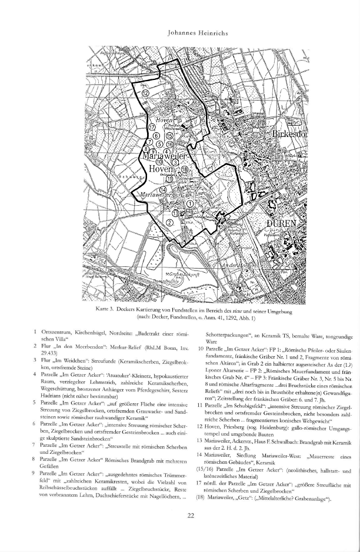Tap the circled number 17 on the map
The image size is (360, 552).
click(x=151, y=127)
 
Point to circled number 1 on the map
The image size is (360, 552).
click(x=190, y=203)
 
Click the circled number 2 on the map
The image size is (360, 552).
click(x=169, y=222)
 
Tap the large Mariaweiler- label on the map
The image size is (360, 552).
click(x=165, y=157)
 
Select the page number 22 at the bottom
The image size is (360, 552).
click(x=191, y=532)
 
